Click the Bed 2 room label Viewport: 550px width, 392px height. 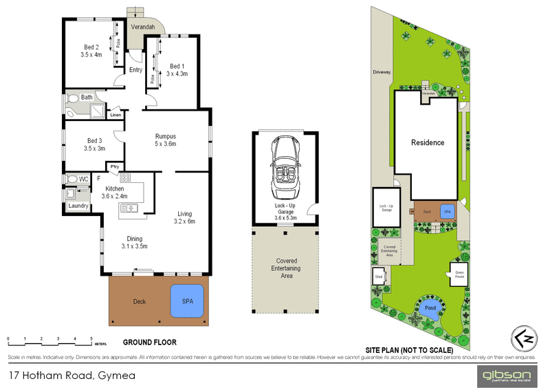[x=91, y=47]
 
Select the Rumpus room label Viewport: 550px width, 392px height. [x=166, y=135]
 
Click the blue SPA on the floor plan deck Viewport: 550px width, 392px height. [x=186, y=301]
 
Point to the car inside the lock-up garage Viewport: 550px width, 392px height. [x=285, y=168]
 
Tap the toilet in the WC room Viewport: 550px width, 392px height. [x=72, y=179]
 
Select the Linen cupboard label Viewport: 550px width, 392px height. [x=115, y=115]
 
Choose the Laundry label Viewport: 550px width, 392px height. [x=78, y=205]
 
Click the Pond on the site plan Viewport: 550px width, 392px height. [x=429, y=308]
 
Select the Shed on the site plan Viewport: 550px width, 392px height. [x=378, y=277]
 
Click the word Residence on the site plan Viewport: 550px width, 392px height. [x=428, y=143]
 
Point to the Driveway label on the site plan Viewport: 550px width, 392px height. [x=382, y=71]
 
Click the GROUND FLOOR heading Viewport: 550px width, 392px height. [x=149, y=342]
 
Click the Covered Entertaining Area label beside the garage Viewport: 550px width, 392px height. [x=286, y=268]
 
